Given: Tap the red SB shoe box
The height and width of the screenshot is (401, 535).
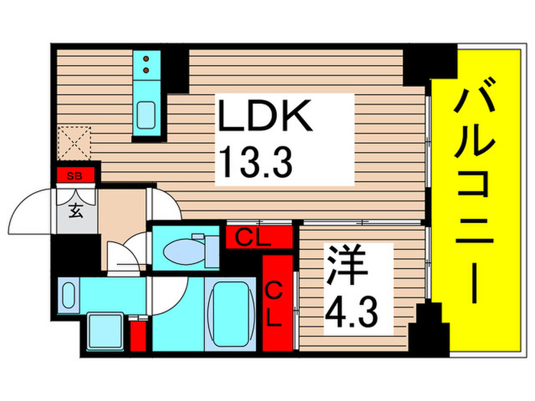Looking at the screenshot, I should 75,176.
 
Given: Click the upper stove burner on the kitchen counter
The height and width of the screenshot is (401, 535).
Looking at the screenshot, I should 145,59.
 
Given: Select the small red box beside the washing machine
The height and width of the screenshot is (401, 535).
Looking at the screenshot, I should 138,335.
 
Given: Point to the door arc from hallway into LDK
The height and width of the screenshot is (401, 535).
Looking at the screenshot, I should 162,205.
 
